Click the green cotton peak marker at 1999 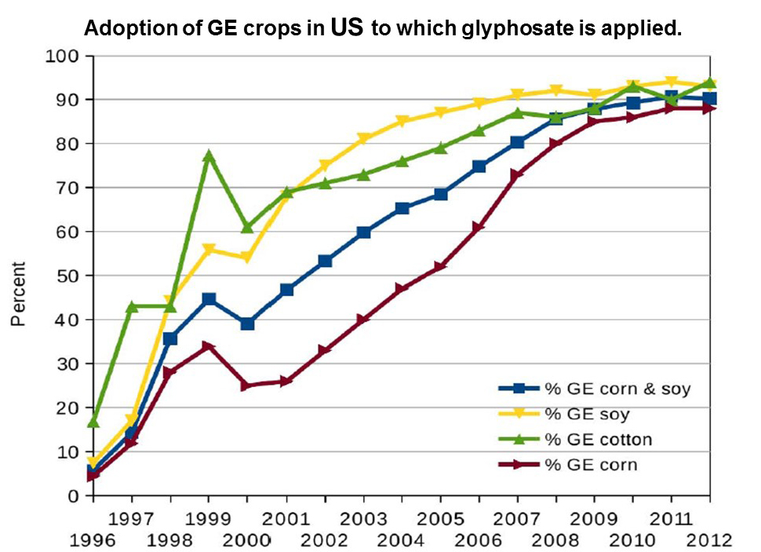(x=209, y=156)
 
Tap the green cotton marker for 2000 (x=247, y=227)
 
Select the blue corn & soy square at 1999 (x=209, y=299)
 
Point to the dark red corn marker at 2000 (x=247, y=386)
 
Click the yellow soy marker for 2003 (x=363, y=139)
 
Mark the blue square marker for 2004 (x=402, y=208)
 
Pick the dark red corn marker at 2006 (x=479, y=227)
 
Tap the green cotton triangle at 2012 (x=710, y=82)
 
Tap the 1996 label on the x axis (x=93, y=540)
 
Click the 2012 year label (x=710, y=540)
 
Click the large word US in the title (x=346, y=28)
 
